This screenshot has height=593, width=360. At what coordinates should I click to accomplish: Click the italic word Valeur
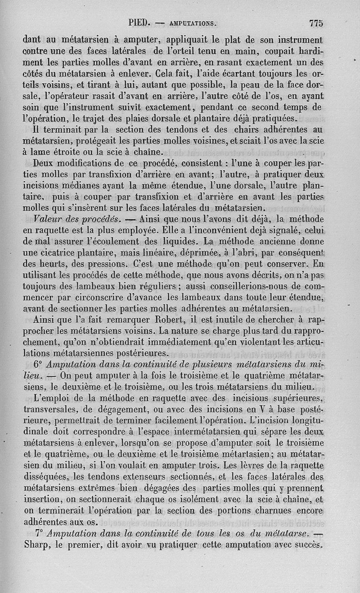[49, 219]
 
